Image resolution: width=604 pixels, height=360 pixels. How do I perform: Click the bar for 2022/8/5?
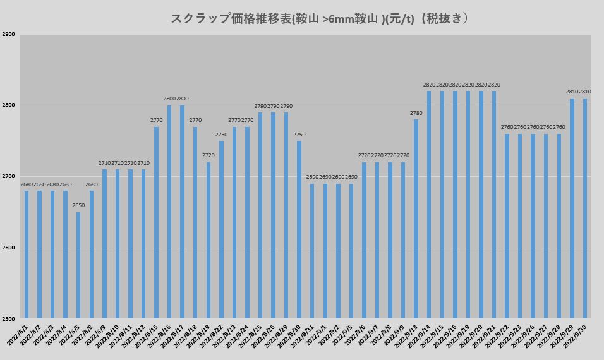tap(78, 265)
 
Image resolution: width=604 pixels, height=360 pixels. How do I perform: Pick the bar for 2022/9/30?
tap(585, 208)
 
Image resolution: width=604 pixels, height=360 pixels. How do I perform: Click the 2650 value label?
tap(78, 206)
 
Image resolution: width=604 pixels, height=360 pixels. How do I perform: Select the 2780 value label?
tap(416, 113)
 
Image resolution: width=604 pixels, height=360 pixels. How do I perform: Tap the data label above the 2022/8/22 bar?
tap(221, 135)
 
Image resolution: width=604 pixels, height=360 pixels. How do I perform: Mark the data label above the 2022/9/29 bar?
tap(572, 92)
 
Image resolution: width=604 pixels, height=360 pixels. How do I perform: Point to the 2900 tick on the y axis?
tap(9, 35)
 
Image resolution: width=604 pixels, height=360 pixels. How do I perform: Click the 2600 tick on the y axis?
tap(9, 248)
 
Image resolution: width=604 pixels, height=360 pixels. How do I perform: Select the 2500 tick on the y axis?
tap(9, 318)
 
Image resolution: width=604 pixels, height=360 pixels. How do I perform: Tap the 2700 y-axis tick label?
tap(9, 177)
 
